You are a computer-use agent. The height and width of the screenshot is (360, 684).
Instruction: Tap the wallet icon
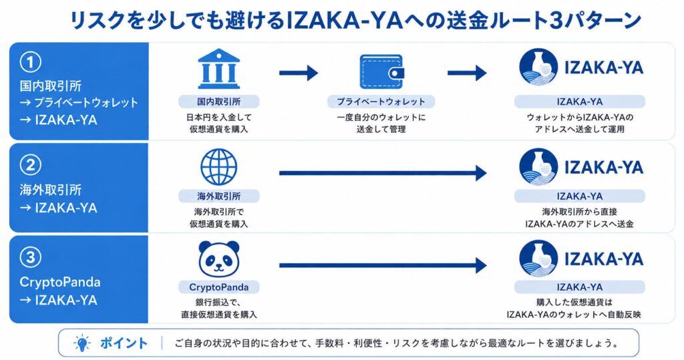click(381, 71)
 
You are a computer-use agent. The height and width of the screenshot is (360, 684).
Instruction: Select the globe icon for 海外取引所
click(218, 167)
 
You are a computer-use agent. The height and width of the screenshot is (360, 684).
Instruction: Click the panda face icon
click(218, 259)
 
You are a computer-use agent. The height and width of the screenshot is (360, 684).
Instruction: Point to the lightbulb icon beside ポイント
click(82, 343)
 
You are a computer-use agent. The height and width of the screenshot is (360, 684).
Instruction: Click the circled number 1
click(31, 62)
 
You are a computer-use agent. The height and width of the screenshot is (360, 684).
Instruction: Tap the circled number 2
click(31, 166)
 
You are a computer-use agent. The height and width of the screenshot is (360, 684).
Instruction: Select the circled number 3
click(31, 257)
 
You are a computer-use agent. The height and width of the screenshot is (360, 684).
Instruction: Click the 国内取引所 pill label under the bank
click(218, 102)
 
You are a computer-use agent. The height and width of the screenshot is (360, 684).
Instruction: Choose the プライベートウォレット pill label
click(381, 102)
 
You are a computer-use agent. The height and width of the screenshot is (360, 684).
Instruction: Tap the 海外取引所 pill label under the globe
click(218, 196)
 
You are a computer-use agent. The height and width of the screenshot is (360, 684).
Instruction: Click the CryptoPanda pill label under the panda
click(218, 287)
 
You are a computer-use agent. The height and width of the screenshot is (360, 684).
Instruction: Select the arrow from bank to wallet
click(299, 72)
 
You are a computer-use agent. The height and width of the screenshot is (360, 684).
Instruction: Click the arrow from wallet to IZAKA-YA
click(467, 72)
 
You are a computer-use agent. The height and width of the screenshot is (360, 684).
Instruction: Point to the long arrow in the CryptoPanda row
click(383, 265)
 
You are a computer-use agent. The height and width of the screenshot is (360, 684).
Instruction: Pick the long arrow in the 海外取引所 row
click(383, 173)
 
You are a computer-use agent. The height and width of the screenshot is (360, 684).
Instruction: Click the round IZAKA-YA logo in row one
click(538, 67)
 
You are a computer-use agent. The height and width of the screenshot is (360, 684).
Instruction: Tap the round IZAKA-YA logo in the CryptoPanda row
click(538, 258)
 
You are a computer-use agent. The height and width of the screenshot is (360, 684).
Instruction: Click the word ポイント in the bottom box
click(124, 343)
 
